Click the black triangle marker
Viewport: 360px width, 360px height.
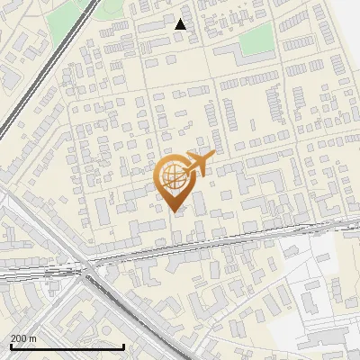(181, 24)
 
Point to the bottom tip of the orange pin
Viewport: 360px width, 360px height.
(175, 211)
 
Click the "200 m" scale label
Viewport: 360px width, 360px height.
(23, 337)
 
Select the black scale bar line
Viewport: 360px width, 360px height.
(67, 346)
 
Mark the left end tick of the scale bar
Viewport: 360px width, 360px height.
(10, 344)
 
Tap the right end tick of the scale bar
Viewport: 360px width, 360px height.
(123, 344)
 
